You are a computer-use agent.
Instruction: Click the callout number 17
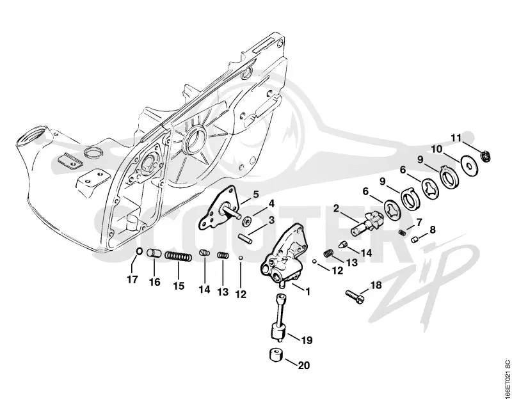[132, 280]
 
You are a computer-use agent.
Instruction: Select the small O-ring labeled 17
[138, 251]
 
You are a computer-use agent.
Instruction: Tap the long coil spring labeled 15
[179, 256]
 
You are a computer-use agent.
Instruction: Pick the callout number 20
[303, 365]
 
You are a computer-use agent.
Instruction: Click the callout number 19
[307, 340]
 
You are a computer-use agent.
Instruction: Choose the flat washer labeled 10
[469, 166]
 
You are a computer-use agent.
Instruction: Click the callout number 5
[255, 194]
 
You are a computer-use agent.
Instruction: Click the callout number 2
[337, 208]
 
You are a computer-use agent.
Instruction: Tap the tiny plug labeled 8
[415, 240]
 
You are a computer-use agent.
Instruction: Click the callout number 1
[307, 292]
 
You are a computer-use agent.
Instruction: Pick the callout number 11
[456, 138]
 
